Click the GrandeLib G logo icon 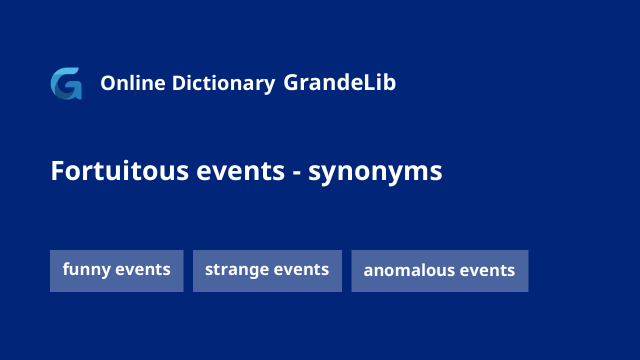[66, 83]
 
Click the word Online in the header [133, 83]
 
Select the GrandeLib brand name [339, 82]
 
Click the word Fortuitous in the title [119, 170]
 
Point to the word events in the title [240, 171]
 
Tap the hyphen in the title [297, 173]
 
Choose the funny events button [116, 271]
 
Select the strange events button [267, 271]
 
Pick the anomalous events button [439, 271]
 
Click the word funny [86, 269]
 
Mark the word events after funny [143, 269]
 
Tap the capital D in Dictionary [179, 83]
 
